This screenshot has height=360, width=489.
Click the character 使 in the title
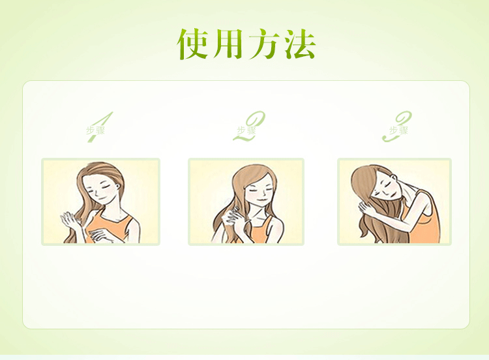pos(194,44)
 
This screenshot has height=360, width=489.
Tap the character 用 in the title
pos(228,44)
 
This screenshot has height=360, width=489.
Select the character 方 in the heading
pos(265,44)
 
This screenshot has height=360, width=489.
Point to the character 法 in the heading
pos(300,44)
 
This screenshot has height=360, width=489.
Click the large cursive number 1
pos(100,127)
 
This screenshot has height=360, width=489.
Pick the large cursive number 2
pos(250,127)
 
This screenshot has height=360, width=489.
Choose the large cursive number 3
pos(398,127)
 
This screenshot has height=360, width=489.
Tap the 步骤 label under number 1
pos(95,130)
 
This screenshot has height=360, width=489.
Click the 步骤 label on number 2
pos(246,130)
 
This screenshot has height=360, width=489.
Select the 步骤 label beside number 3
pos(398,130)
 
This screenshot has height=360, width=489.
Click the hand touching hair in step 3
pos(366,207)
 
